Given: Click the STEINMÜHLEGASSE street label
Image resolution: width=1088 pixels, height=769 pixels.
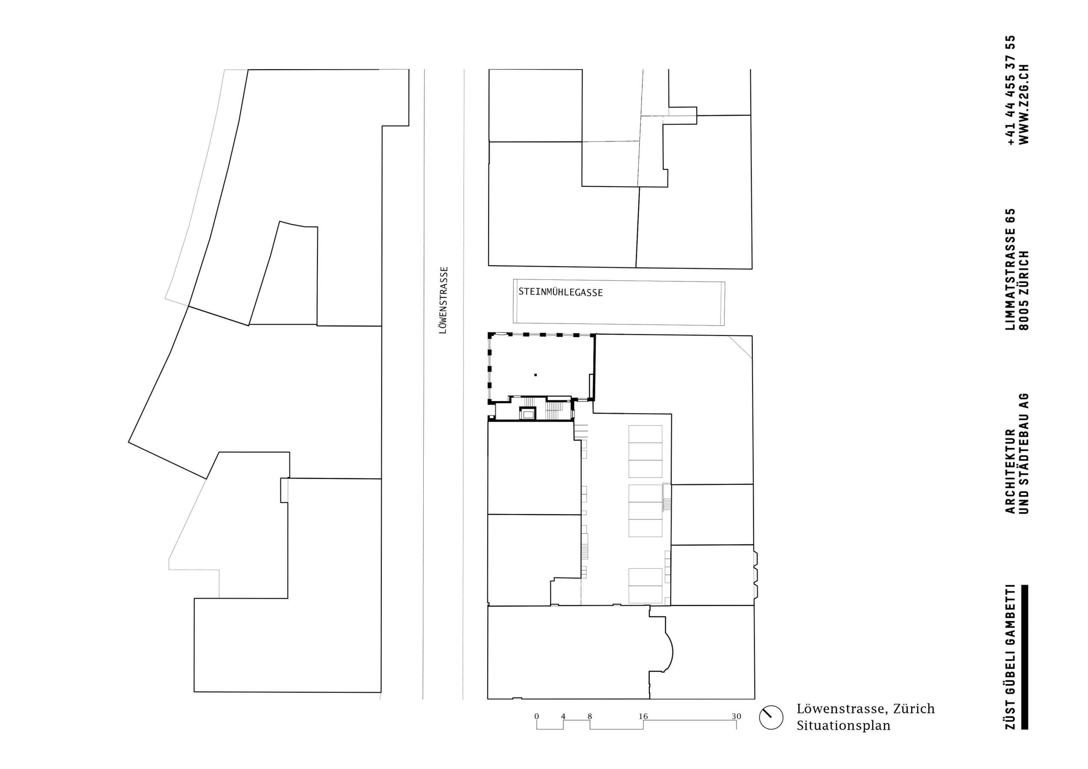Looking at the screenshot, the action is tap(560, 292).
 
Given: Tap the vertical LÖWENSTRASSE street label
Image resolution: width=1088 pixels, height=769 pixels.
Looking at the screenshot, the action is tap(443, 300).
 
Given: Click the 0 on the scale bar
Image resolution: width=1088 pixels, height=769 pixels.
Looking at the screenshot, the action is tap(537, 716).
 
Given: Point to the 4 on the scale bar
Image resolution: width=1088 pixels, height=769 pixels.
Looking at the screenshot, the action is tap(563, 716).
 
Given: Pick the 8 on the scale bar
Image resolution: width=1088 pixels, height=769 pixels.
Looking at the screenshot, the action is tap(589, 716).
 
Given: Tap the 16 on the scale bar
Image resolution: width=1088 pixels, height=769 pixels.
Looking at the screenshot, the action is tap(642, 716).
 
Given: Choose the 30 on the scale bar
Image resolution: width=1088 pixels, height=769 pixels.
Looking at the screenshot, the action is tap(736, 716).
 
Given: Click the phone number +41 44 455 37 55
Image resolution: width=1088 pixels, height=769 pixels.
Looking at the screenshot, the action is tap(1009, 90).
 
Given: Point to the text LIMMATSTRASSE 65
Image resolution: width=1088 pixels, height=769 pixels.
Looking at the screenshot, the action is tap(1009, 269).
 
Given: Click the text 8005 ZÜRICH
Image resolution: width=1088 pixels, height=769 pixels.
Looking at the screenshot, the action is tap(1023, 290).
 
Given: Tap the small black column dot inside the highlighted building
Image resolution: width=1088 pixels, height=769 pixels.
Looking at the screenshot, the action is tap(536, 375).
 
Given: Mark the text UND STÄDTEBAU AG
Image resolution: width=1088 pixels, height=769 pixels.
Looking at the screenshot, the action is tap(1023, 453).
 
